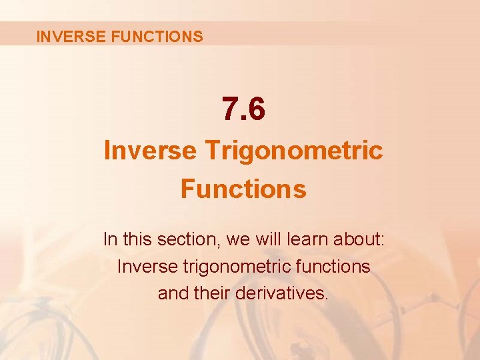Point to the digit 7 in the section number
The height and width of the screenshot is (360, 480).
point(230,110)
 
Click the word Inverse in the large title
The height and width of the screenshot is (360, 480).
point(150,151)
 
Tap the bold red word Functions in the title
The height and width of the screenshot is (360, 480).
point(243,189)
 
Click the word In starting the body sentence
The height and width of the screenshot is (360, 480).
point(110,239)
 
